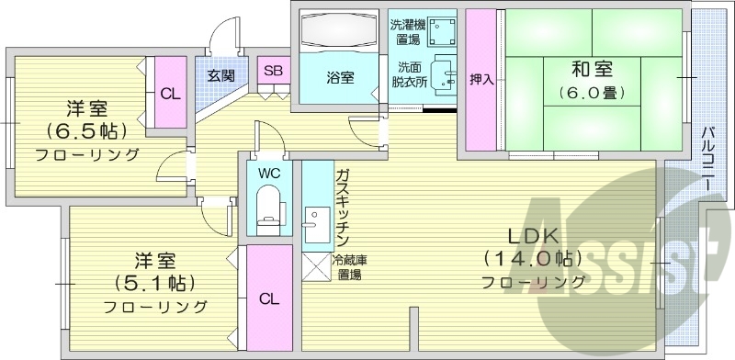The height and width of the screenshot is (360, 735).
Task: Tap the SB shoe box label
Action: (273, 70)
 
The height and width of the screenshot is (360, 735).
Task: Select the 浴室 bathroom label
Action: (340, 77)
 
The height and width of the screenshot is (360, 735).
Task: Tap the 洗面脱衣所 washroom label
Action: (409, 74)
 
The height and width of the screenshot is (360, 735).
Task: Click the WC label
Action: (269, 173)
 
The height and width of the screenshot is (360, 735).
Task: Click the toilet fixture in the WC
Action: (269, 207)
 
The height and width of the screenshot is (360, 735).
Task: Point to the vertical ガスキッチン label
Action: (342, 204)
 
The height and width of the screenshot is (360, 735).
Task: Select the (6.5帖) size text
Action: (85, 129)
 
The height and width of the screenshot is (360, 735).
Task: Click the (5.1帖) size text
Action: (153, 281)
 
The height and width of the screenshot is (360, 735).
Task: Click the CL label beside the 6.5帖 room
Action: (170, 93)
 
